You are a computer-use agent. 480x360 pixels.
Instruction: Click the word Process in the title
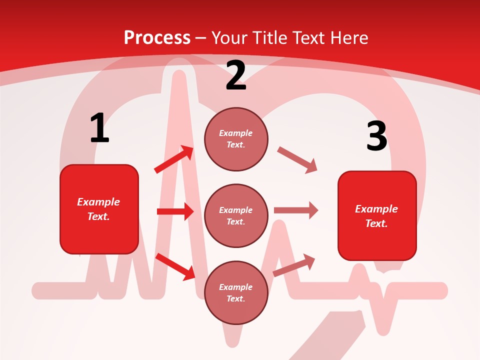[x=157, y=37]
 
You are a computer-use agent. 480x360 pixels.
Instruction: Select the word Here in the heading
[x=348, y=37]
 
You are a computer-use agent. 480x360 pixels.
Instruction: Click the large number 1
[x=99, y=128]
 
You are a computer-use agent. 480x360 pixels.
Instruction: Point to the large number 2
[x=236, y=75]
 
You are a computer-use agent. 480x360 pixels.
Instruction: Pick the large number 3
[x=376, y=136]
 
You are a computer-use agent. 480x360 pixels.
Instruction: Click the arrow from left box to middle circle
[x=175, y=211]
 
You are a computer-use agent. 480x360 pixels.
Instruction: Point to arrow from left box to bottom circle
[x=175, y=266]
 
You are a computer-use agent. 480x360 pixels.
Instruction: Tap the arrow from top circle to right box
[x=297, y=160]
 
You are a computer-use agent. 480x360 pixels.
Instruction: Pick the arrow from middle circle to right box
[x=295, y=210]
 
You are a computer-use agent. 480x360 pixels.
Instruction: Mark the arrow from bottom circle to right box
[x=294, y=265]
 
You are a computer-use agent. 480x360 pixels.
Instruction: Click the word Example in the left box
[x=98, y=202]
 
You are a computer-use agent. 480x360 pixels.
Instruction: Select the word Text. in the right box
[x=376, y=223]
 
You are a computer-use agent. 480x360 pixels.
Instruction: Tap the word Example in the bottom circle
[x=235, y=287]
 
